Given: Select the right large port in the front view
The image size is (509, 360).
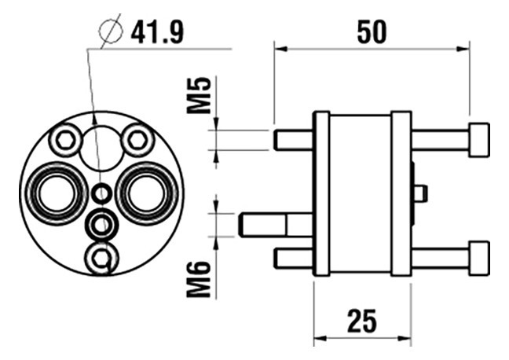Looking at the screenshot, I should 146,192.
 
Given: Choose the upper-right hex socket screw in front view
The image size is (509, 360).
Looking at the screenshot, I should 137,141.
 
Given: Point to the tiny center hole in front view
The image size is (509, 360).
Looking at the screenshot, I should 100,193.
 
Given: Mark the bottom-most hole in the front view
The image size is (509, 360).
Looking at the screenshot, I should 100,258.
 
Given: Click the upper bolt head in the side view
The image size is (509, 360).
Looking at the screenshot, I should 478,139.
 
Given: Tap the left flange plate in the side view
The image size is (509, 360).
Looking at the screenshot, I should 321,193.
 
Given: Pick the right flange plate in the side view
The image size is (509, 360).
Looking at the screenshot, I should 401,193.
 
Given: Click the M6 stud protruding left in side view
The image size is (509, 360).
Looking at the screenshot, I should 263,225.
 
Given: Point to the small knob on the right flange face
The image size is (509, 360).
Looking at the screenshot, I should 421,193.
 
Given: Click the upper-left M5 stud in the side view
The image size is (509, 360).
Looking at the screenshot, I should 293,140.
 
